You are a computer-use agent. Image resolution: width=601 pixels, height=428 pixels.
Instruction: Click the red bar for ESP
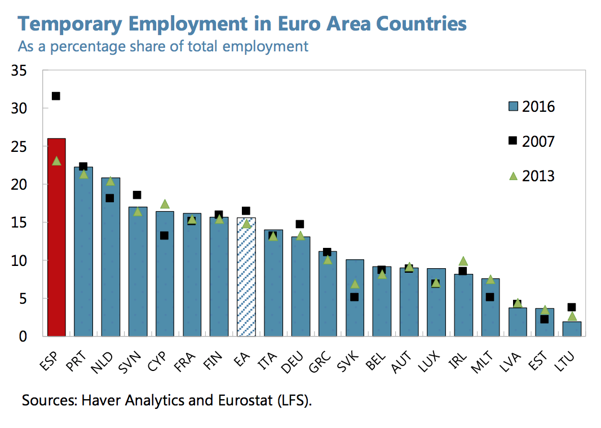tap(56, 237)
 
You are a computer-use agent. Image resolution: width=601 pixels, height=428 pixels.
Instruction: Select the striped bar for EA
tap(246, 277)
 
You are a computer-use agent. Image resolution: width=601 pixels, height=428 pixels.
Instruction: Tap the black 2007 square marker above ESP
tap(56, 96)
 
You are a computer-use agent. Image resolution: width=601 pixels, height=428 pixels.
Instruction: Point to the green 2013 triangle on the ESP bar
tap(56, 161)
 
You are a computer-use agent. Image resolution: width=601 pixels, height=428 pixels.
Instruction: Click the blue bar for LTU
tap(572, 329)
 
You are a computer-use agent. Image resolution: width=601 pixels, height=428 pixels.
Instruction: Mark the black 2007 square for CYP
tap(164, 235)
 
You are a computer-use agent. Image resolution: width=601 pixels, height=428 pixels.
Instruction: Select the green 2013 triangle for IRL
tap(463, 261)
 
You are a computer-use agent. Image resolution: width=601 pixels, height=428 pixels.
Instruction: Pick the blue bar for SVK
tap(354, 305)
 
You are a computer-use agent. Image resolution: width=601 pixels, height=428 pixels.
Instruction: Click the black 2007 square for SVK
tap(354, 297)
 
